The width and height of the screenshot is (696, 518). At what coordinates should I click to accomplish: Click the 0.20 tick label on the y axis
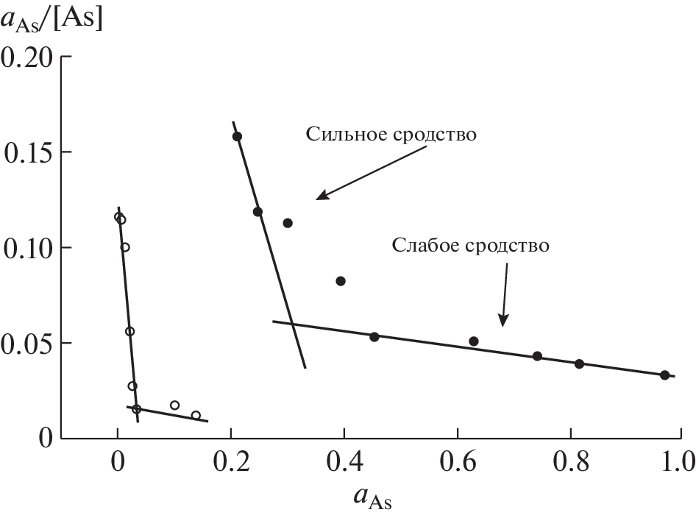pyautogui.click(x=28, y=57)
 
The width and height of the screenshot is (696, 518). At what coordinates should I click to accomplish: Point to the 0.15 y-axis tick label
pyautogui.click(x=28, y=152)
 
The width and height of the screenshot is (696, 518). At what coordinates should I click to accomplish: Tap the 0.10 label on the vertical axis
pyautogui.click(x=28, y=248)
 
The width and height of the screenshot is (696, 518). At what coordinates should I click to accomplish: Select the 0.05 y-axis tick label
pyautogui.click(x=28, y=344)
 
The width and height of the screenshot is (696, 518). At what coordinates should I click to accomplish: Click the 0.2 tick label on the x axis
pyautogui.click(x=230, y=464)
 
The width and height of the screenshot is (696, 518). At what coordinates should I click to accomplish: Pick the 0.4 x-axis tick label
pyautogui.click(x=344, y=464)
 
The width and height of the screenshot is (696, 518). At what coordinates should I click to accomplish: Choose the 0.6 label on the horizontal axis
pyautogui.click(x=457, y=464)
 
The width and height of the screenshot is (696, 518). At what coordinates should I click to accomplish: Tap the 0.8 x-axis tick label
pyautogui.click(x=570, y=464)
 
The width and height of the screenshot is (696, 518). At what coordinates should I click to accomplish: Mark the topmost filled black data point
pyautogui.click(x=237, y=136)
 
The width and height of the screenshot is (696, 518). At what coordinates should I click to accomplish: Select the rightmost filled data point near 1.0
pyautogui.click(x=664, y=375)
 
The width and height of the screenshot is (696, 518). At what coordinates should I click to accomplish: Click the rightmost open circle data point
pyautogui.click(x=196, y=416)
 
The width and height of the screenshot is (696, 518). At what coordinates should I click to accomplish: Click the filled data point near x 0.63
pyautogui.click(x=474, y=341)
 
